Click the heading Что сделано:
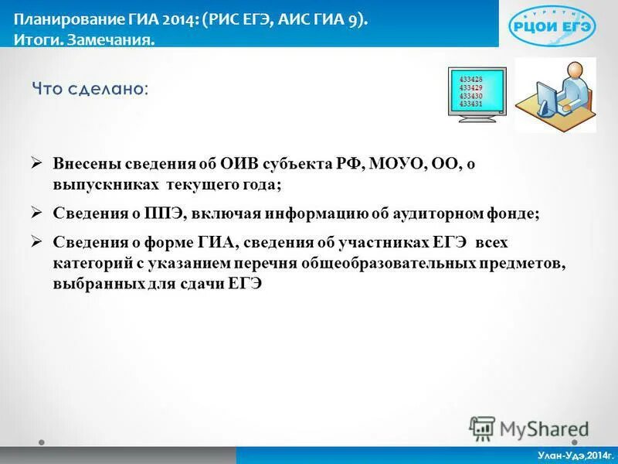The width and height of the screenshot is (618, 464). [x=90, y=89]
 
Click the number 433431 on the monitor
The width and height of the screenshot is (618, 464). [x=470, y=103]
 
